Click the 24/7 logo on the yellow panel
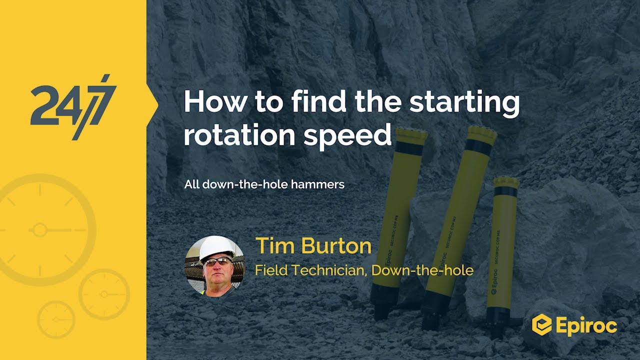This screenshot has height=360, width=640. tap(73, 106)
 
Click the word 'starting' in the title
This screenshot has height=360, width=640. tap(464, 102)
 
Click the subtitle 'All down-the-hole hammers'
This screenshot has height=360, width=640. tap(264, 184)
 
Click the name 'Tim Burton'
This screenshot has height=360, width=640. tap(313, 246)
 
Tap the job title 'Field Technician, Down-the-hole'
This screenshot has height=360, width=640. tap(364, 270)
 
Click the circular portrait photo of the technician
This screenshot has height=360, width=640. tap(214, 265)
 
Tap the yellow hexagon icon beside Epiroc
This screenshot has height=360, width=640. tap(541, 325)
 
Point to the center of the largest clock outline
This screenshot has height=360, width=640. tap(39, 230)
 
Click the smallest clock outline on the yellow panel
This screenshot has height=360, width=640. tap(56, 318)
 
